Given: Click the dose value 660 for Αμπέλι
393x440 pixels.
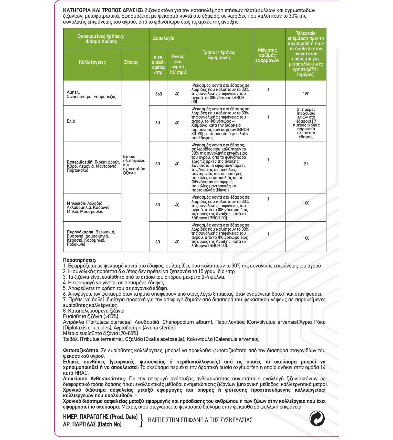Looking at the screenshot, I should click(x=158, y=94).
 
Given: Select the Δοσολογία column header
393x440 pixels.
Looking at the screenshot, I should click(x=163, y=38).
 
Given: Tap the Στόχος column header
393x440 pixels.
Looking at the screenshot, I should click(x=131, y=62).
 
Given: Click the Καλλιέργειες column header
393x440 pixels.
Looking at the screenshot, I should click(x=92, y=62).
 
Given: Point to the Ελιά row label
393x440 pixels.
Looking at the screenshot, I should click(x=71, y=121).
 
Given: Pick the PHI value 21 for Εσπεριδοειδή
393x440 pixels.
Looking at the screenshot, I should click(x=306, y=164).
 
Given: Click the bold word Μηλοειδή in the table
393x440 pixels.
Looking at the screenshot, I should click(x=76, y=203).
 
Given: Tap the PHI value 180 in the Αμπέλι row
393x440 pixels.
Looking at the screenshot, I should click(x=306, y=94).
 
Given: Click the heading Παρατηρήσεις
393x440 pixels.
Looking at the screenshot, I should click(x=80, y=260).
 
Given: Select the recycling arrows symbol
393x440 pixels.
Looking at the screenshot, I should click(x=317, y=419).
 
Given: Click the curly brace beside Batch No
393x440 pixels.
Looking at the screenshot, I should click(x=141, y=421).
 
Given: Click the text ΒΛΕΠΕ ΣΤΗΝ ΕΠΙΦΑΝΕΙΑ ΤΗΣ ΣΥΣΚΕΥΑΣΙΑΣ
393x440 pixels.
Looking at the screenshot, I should click(x=200, y=420).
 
